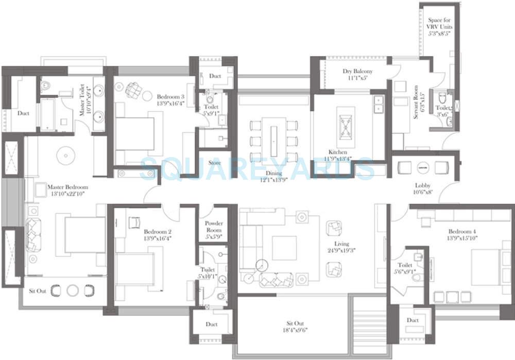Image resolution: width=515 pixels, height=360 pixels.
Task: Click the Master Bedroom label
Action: (67, 187)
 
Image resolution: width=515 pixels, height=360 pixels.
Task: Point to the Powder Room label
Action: (214, 227)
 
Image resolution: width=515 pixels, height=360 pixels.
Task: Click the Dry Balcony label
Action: (357, 72)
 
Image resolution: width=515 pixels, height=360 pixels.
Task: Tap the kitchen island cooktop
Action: (345, 123)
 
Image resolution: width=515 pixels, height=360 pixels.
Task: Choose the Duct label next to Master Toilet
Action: (23, 113)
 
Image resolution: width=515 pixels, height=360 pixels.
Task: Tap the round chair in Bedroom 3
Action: (133, 90)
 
